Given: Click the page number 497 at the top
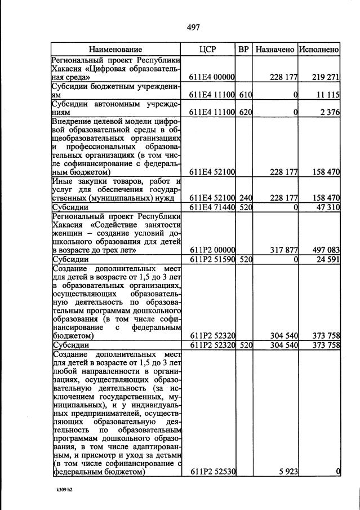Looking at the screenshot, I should [x=193, y=27].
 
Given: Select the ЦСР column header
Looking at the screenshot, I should [x=207, y=50].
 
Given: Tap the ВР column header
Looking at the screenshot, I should [x=243, y=50].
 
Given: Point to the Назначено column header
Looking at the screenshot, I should [x=275, y=50].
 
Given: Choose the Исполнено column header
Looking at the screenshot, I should [x=319, y=50].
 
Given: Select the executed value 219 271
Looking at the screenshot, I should [x=325, y=77].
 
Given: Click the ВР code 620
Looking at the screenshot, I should [x=244, y=112].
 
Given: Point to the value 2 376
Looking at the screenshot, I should [x=329, y=112].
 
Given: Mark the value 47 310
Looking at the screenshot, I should [x=327, y=207].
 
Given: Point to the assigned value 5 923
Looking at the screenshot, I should [x=287, y=472].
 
